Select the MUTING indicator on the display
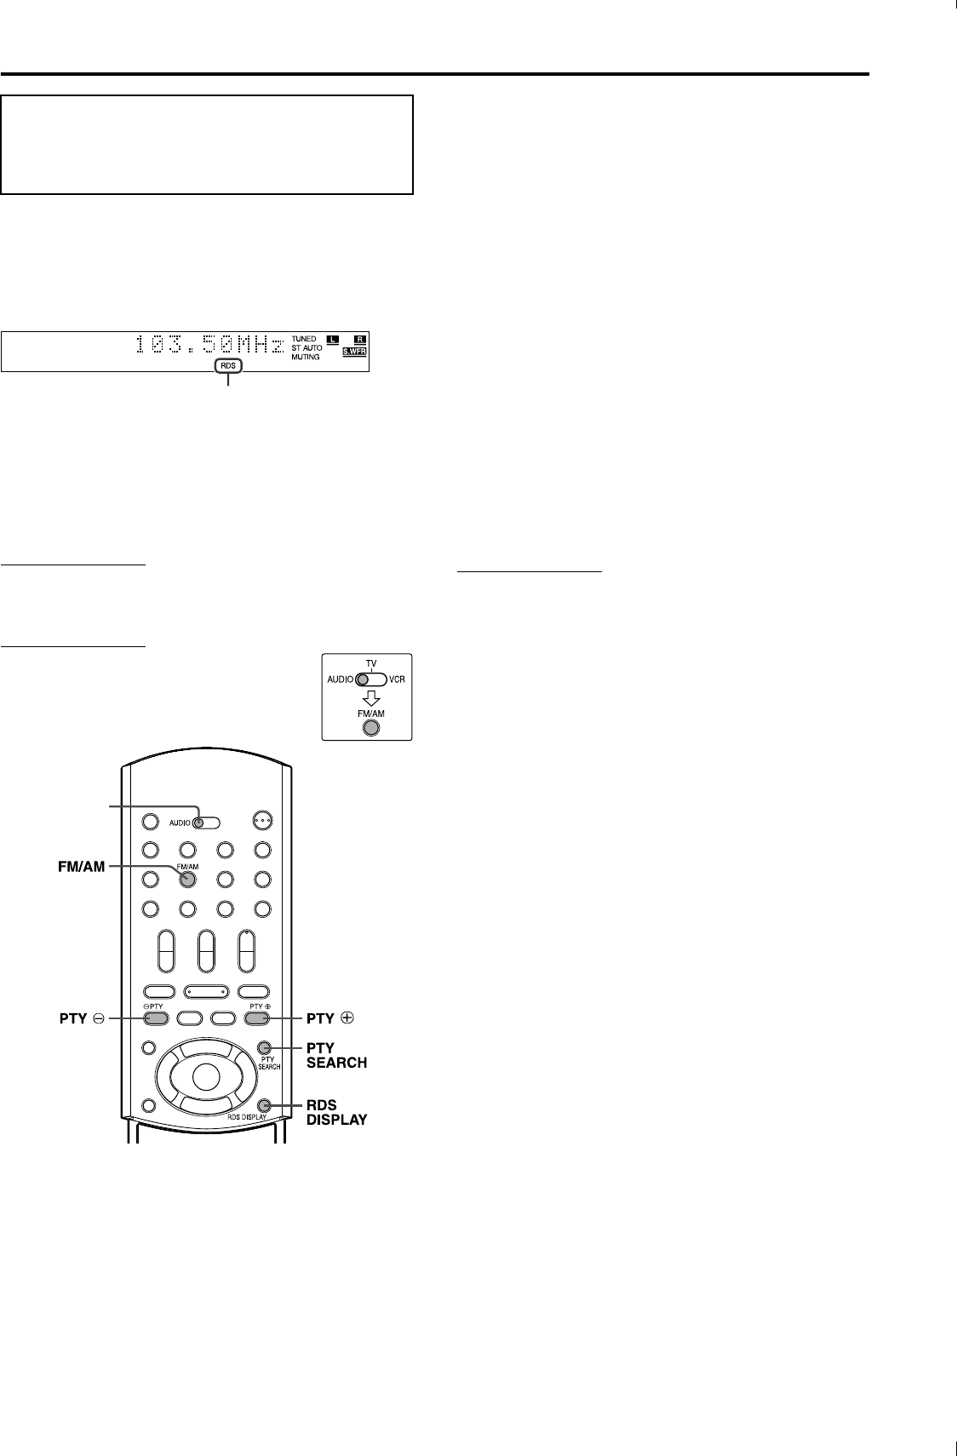(x=305, y=357)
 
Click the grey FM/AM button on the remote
(x=187, y=880)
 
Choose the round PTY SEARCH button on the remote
(x=264, y=1047)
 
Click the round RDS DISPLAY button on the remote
(x=264, y=1103)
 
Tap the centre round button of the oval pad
(x=205, y=1076)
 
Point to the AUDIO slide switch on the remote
(x=205, y=823)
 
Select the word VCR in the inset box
(x=397, y=680)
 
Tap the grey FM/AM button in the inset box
(x=370, y=728)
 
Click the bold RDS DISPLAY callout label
(x=337, y=1112)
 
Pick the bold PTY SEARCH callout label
(x=337, y=1055)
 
